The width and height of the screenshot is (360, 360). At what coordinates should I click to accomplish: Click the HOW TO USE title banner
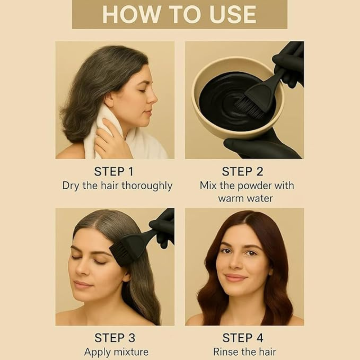tap(180, 14)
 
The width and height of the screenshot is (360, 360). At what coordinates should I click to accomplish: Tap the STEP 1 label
tap(114, 171)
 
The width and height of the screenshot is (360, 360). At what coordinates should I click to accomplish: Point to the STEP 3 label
tap(115, 338)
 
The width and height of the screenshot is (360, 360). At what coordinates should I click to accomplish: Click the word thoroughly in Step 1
tap(147, 186)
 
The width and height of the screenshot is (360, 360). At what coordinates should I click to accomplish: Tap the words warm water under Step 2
tap(245, 198)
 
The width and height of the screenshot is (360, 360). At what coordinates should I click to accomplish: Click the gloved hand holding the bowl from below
tap(259, 146)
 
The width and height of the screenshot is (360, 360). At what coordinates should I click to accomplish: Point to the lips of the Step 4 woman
tap(235, 278)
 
